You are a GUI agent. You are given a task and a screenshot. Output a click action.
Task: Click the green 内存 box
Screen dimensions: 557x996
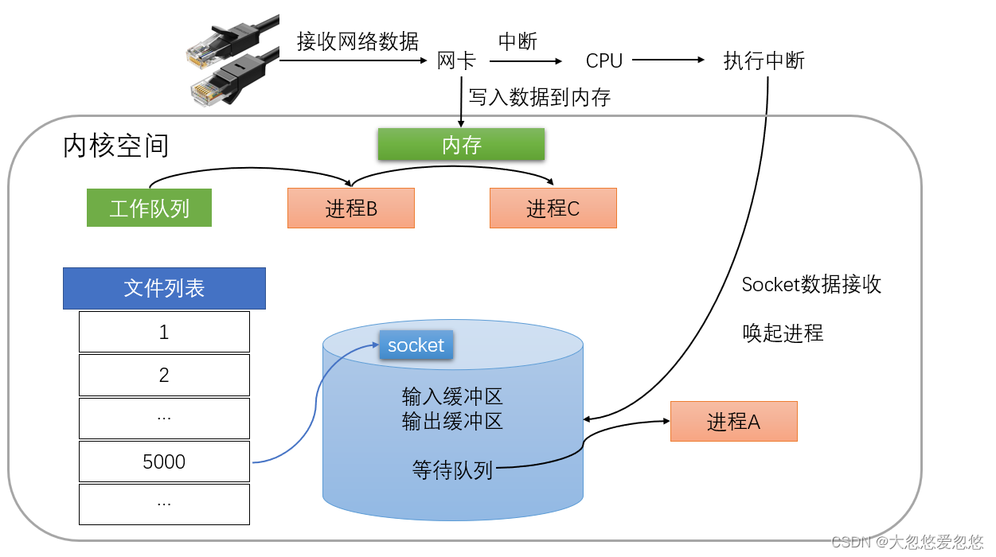point(461,145)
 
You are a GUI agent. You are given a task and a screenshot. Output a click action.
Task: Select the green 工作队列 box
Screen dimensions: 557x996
point(149,208)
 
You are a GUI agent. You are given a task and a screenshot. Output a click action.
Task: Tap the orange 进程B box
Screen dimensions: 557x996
point(350,208)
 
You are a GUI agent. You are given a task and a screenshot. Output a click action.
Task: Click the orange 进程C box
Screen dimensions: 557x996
point(553,208)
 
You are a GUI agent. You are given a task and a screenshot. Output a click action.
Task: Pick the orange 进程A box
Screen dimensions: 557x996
point(733,421)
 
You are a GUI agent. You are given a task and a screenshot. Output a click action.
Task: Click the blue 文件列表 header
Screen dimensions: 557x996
point(164,288)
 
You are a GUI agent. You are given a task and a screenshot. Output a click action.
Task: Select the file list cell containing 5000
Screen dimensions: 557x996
point(164,462)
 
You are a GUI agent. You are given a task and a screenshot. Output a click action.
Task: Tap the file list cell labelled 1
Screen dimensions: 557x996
point(164,332)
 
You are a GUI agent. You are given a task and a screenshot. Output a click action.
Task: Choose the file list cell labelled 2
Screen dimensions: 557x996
point(164,375)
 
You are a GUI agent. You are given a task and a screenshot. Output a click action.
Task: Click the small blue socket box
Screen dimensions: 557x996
point(416,345)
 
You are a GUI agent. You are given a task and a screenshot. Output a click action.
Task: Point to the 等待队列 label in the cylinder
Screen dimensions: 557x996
point(452,470)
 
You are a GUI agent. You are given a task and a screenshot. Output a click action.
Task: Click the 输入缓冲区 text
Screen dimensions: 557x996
point(452,396)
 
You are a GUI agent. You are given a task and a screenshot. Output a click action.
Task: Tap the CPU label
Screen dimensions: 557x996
point(603,60)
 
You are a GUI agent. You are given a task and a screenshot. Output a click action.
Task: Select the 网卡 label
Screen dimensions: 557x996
point(455,60)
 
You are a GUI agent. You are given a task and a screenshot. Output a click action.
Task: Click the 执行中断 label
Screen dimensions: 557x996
point(764,60)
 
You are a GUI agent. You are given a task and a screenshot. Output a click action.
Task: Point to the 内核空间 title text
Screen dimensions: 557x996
point(115,146)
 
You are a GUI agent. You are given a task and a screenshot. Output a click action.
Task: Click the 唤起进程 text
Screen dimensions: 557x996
point(783,333)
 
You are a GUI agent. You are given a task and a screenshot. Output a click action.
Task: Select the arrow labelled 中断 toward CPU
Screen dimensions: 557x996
point(525,60)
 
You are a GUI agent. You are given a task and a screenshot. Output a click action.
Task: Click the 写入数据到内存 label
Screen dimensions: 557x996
point(539,98)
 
